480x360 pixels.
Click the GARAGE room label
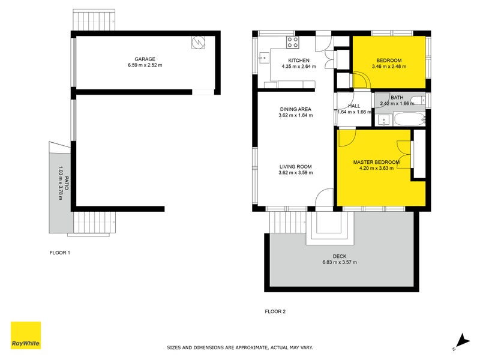145,59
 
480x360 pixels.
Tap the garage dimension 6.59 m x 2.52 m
145,65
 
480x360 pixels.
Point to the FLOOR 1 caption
60,253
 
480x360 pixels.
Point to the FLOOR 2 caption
275,311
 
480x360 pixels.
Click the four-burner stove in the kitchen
293,42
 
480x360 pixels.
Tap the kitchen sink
263,58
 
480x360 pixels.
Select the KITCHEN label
299,61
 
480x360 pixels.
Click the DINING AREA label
296,109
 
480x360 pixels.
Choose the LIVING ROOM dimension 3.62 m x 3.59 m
296,173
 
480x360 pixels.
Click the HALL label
353,106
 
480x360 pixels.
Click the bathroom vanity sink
383,119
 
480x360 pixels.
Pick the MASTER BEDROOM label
376,162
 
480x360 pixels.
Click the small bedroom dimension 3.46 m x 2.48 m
389,67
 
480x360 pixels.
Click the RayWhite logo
26,335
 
